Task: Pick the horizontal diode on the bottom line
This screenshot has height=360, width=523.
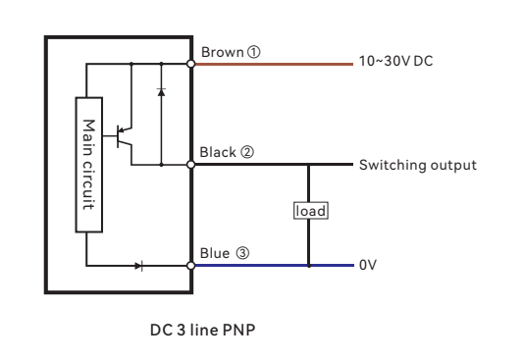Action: click(137, 266)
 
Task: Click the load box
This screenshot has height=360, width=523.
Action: click(309, 210)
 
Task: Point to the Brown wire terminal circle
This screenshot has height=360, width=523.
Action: click(191, 64)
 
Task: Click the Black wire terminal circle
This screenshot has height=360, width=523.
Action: click(191, 165)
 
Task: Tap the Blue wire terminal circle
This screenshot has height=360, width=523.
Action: click(191, 266)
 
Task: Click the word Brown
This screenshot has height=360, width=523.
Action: click(217, 50)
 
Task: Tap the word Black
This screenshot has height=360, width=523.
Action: click(215, 152)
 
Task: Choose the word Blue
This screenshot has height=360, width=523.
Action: click(213, 252)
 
